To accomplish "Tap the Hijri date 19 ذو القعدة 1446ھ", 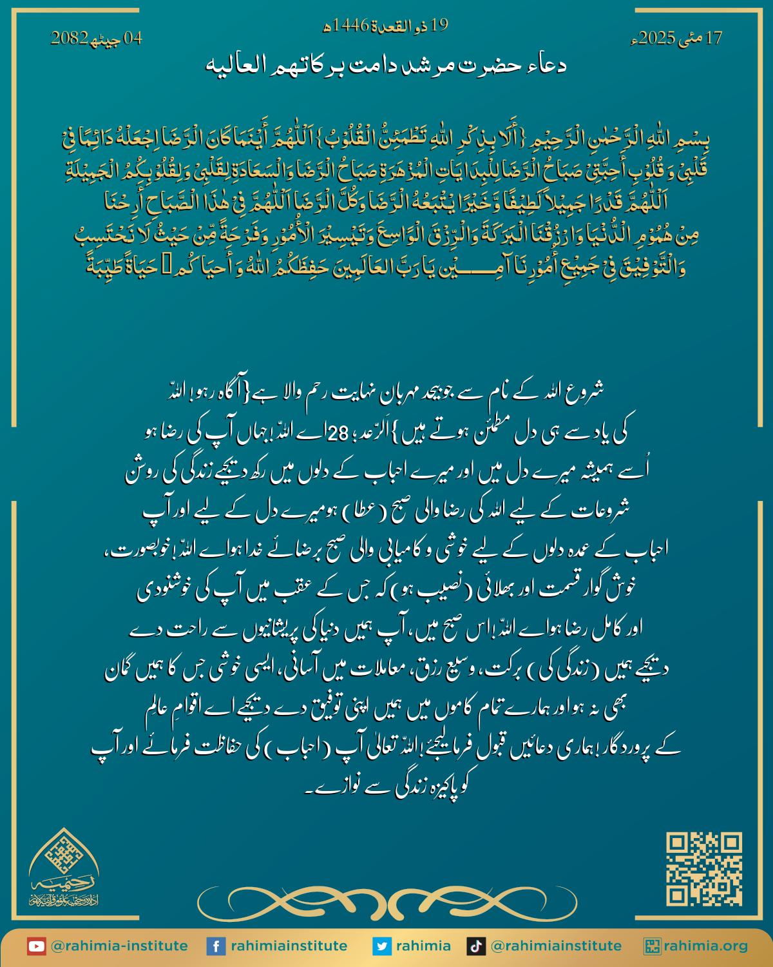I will pos(385,26).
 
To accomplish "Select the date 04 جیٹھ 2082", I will pos(97,38).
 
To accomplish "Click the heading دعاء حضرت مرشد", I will pos(385,66).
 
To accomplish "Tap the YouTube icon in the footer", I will pos(36,946).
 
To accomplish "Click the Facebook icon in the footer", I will pos(215,946).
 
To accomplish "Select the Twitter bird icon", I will pos(381,946).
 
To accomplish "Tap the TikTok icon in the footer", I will pos(475,946).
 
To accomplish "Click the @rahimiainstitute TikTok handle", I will pos(556,946).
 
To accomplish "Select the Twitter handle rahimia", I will pos(423,946).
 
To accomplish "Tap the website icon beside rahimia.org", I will pos(652,946).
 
